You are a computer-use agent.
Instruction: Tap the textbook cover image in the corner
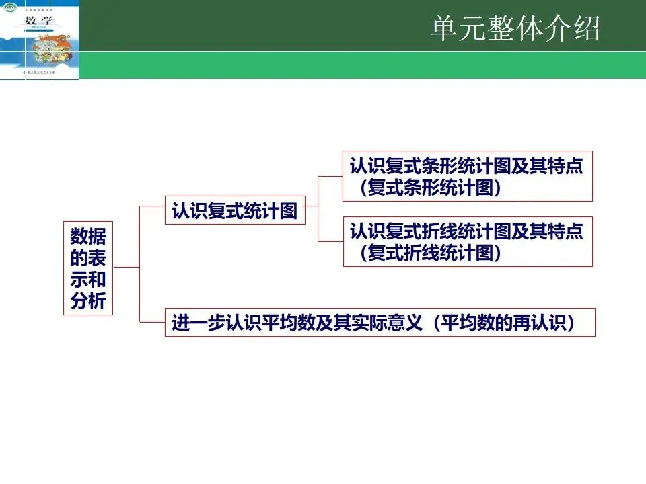click(40, 40)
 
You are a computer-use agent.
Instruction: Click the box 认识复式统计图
click(234, 211)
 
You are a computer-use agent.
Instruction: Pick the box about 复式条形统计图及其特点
click(467, 176)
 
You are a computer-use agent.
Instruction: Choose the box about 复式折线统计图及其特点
click(467, 242)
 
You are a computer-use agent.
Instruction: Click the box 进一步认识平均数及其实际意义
click(380, 323)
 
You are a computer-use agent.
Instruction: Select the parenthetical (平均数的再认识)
click(504, 323)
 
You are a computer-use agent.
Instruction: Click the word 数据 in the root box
click(88, 236)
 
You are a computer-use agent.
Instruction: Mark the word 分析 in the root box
click(88, 302)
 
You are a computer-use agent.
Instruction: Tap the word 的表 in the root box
click(88, 257)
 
